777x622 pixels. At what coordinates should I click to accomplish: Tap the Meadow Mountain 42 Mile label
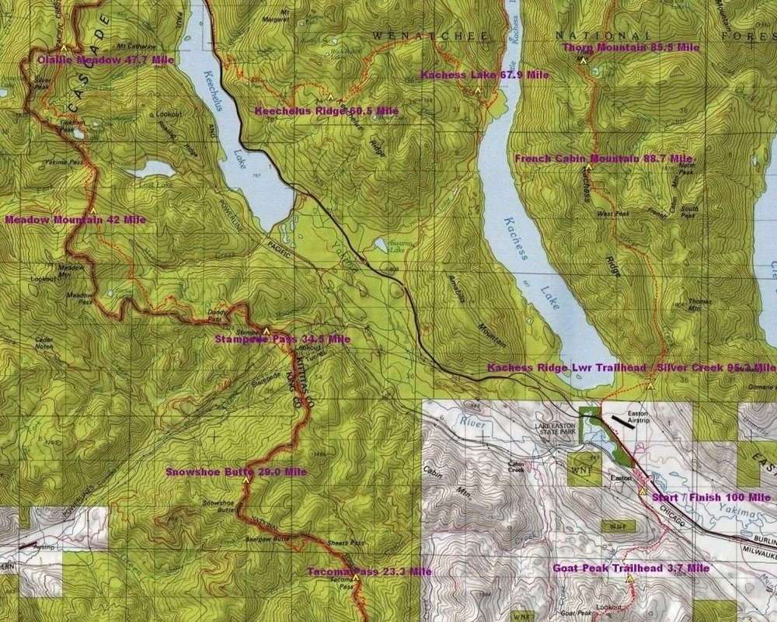(75, 220)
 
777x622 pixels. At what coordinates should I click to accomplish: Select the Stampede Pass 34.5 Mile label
(282, 339)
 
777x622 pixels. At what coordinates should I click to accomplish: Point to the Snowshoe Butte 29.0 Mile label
(236, 471)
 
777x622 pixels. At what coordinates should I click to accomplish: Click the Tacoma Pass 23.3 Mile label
(369, 572)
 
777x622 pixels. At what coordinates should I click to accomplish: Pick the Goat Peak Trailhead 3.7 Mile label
(631, 568)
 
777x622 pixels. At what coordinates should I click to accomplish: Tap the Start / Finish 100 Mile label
(711, 497)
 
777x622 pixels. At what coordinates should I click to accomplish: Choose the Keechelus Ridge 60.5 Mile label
(326, 111)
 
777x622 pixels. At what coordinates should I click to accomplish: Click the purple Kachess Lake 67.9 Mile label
(485, 75)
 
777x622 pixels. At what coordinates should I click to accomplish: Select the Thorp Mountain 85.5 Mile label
(631, 47)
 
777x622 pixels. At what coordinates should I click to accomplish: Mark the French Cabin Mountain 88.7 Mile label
(603, 158)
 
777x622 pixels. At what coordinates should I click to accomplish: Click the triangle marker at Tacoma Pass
(356, 578)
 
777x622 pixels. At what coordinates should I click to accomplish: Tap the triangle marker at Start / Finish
(643, 491)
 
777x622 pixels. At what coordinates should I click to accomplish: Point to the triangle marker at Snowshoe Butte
(246, 480)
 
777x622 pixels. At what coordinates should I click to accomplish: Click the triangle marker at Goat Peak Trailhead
(629, 579)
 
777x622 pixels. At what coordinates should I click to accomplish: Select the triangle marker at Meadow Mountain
(92, 210)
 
